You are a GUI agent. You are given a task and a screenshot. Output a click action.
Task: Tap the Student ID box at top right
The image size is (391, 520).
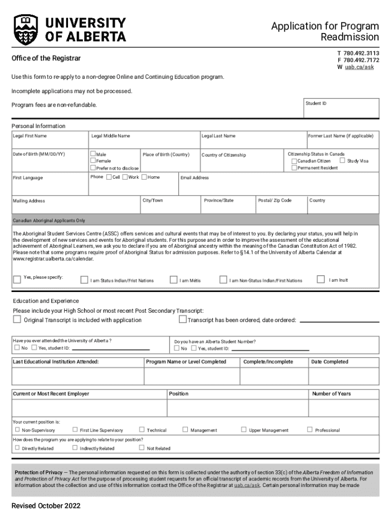point(341,108)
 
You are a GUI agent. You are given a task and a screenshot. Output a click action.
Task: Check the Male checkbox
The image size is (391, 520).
point(93,154)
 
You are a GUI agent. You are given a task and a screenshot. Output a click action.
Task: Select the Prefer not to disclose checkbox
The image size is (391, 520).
point(93,168)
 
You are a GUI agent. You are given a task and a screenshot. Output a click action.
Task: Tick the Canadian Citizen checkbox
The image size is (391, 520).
point(294,161)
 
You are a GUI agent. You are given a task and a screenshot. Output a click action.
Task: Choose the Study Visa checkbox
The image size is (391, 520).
point(342,160)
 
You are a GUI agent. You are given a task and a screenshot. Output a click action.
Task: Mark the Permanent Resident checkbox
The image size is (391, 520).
point(294,168)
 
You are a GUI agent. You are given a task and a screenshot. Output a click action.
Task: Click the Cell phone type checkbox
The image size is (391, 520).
point(109,177)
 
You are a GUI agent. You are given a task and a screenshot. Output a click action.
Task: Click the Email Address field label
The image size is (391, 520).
point(194,178)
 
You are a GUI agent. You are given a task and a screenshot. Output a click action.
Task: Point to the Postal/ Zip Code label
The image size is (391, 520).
point(275,201)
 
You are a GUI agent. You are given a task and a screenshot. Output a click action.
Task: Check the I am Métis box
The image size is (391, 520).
point(174,279)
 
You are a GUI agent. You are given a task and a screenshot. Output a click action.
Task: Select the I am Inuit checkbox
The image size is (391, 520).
point(320,279)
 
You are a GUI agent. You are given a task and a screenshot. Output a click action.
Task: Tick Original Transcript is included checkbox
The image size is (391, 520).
point(17,319)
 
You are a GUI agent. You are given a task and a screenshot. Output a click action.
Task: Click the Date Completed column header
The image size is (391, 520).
point(330,362)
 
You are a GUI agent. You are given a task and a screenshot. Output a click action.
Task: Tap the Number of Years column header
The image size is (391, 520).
point(331,394)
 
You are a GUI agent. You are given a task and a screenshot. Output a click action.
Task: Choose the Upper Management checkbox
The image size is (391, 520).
point(244,430)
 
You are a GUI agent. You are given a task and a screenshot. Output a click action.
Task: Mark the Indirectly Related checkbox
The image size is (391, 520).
point(75,448)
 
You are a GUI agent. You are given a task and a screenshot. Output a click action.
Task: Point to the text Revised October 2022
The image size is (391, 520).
point(46,506)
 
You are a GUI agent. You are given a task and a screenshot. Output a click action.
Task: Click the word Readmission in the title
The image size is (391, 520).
point(349,37)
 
